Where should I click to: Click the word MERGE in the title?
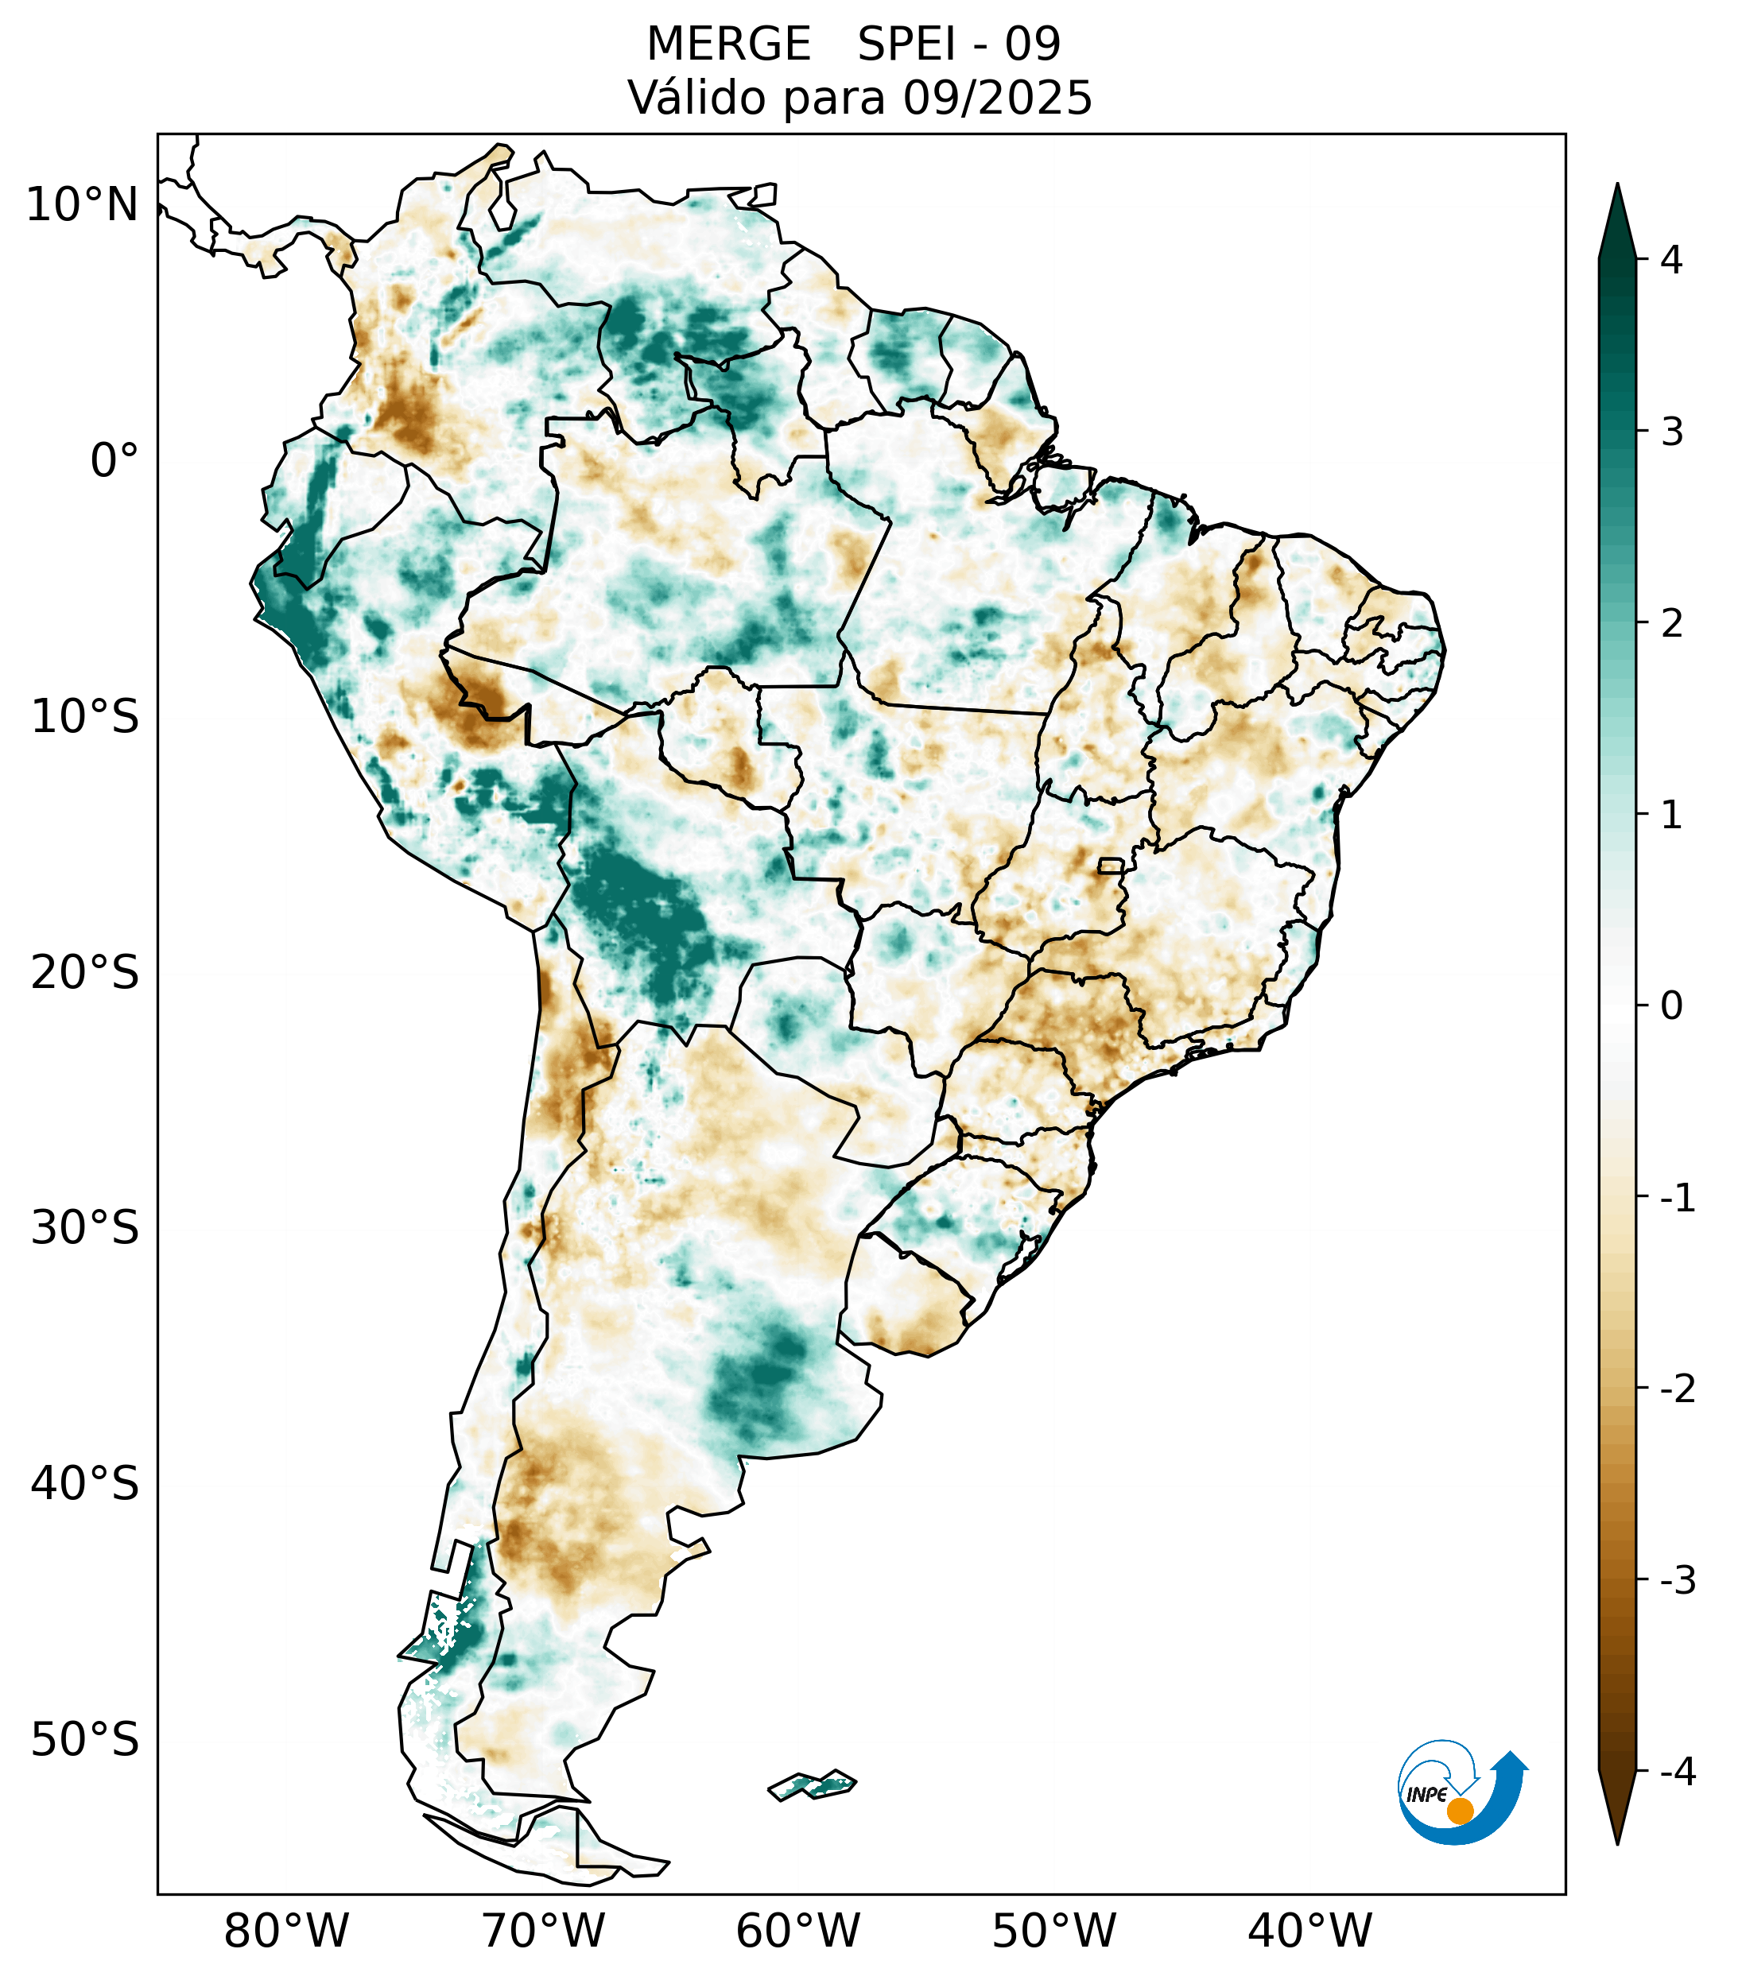727,45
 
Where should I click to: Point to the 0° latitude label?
114,461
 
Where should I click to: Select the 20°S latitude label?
85,973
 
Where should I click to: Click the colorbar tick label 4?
1671,260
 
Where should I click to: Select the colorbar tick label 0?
1671,1006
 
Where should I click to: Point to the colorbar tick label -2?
1677,1389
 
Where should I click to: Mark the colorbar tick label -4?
1677,1773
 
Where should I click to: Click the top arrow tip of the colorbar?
1617,186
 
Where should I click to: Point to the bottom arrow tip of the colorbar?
1617,1842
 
